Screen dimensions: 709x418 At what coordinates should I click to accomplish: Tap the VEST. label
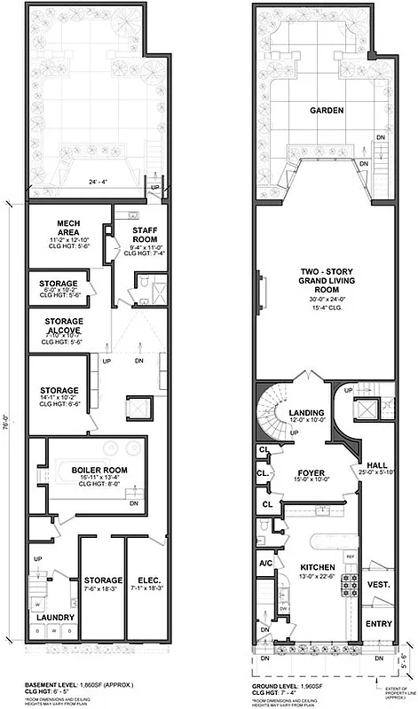click(x=378, y=585)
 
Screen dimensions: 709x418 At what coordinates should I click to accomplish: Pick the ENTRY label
click(x=378, y=624)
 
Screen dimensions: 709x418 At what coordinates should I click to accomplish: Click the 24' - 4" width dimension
click(x=85, y=184)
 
